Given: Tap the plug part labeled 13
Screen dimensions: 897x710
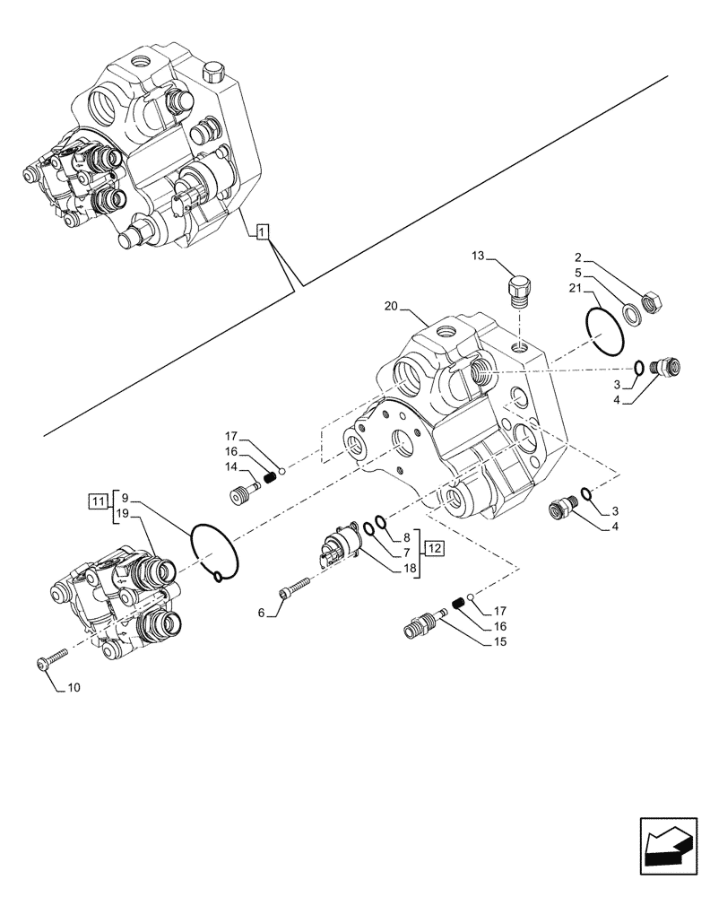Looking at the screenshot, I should pos(519,291).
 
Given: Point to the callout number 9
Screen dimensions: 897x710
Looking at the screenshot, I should pos(125,497).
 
